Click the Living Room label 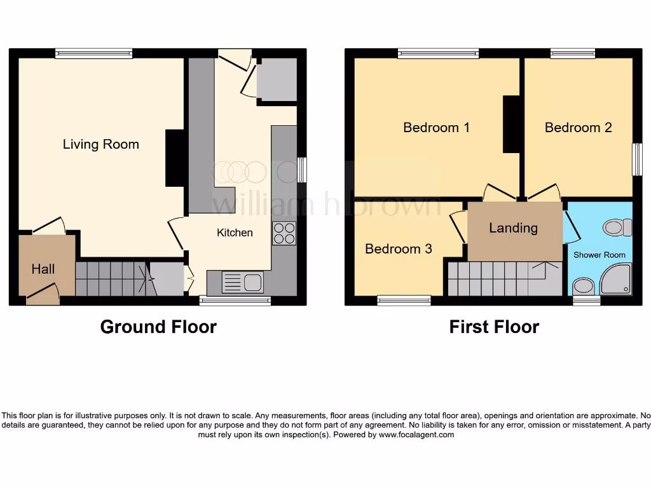click(100, 144)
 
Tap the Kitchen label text click(235, 233)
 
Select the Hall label click(43, 269)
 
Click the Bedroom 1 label click(436, 127)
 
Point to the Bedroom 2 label click(578, 127)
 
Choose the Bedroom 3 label click(398, 248)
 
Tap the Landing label click(513, 227)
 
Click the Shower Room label click(599, 255)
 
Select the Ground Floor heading click(158, 327)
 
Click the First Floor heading click(494, 327)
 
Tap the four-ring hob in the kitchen click(284, 233)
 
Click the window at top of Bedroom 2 click(572, 54)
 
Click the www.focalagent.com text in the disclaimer click(416, 435)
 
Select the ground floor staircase click(114, 278)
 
